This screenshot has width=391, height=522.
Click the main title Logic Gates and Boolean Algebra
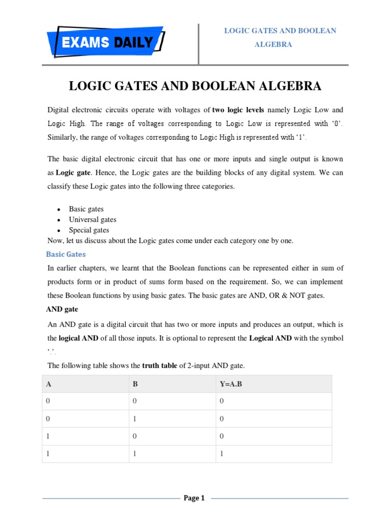coord(195,86)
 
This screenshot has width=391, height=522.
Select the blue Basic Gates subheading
coord(66,254)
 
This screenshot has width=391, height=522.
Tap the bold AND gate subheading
coord(63,309)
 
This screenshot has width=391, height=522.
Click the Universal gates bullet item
coord(93,220)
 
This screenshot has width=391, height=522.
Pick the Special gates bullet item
coord(89,230)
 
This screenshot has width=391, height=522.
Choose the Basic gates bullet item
coord(87,209)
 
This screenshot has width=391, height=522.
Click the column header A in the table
coord(48,384)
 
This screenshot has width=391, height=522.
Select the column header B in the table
coord(135,384)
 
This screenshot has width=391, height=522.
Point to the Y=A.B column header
coord(231,384)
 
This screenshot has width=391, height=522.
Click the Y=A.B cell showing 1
coord(222,454)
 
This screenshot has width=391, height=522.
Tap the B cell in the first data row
coord(135,401)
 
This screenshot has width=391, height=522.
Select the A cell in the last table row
coord(48,454)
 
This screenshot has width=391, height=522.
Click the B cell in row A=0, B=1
coord(135,419)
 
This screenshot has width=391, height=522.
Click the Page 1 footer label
coord(194,498)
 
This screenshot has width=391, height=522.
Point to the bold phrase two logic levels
coord(238,110)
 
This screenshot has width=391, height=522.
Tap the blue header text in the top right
coord(280,38)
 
